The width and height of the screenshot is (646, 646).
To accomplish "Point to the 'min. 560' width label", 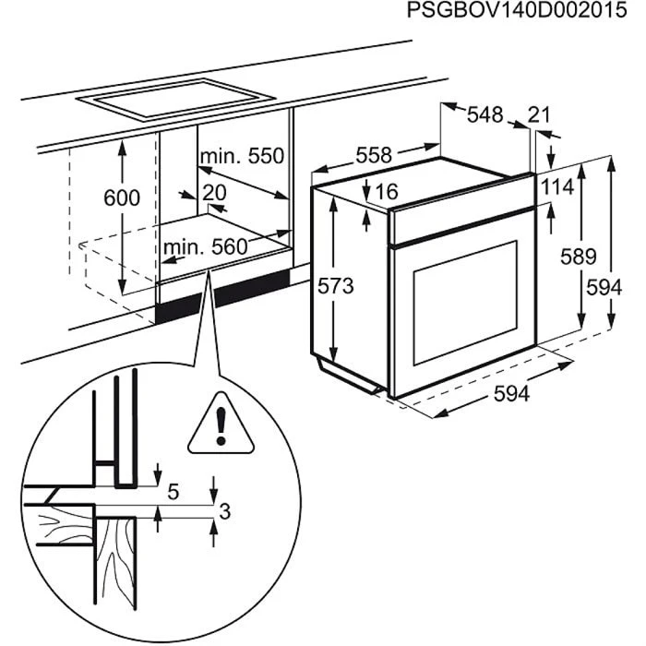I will tap(206, 247).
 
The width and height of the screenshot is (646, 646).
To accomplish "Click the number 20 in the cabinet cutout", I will tap(213, 192).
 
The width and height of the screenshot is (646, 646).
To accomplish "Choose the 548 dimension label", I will tap(484, 114).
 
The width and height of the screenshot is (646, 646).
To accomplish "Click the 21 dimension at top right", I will tap(538, 114).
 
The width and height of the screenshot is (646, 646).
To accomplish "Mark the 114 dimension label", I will tap(557, 186).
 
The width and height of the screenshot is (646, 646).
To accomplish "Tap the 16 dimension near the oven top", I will tap(386, 192).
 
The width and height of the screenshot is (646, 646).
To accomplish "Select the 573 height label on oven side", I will tap(336, 287).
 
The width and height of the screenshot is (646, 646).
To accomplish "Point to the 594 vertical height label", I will tap(604, 287).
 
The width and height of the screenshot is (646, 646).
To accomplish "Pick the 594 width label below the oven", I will tap(511, 394).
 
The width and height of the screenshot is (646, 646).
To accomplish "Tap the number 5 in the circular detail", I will tap(173, 491).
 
